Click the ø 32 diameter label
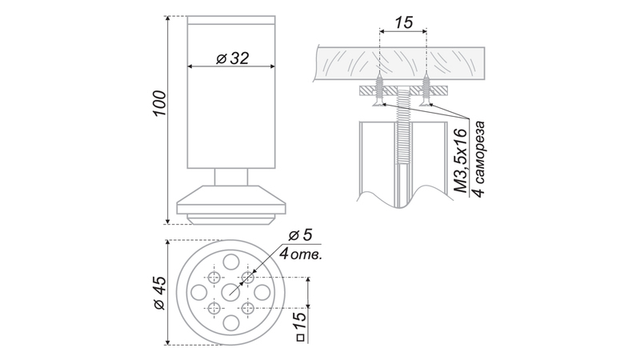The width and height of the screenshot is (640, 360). pos(232,58)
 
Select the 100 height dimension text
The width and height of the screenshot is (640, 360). pos(159,103)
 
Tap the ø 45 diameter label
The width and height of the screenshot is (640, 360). pos(159,293)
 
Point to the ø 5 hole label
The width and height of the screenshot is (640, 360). pos(300,235)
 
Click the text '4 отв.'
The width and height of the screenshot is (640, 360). pos(301,254)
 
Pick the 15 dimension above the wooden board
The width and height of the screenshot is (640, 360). pos(404,22)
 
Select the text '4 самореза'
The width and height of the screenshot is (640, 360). pos(480,158)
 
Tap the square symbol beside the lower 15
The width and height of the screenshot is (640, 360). pos(301,338)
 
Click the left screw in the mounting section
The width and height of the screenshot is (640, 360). pos(380,90)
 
